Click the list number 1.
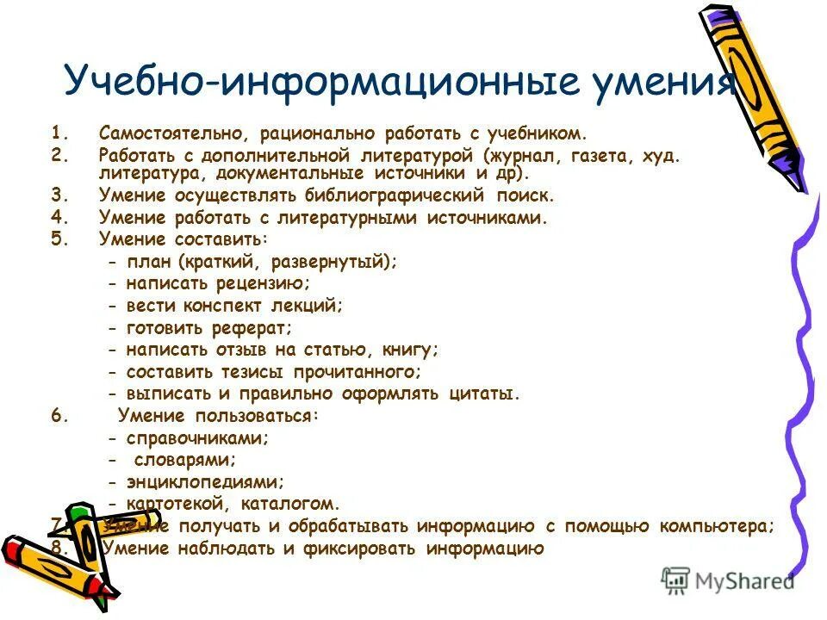click(57, 133)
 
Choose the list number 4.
click(57, 218)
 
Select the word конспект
click(227, 306)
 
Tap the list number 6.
click(57, 416)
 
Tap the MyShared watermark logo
click(728, 580)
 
